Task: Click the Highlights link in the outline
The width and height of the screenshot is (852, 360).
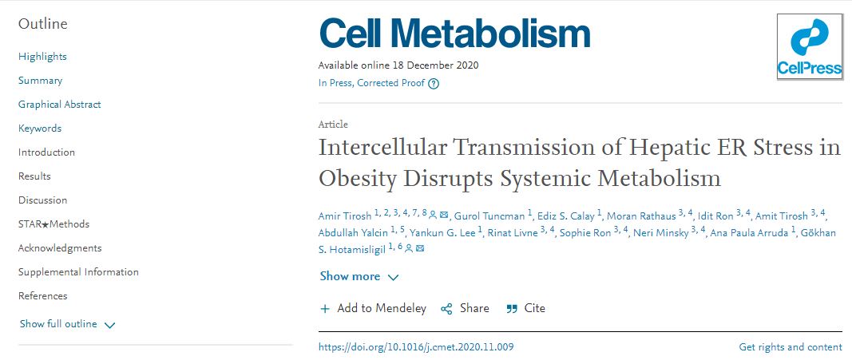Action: [x=42, y=57]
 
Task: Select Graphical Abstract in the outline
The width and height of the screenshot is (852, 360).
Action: [x=60, y=105]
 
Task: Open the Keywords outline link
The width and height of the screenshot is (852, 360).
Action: [x=40, y=129]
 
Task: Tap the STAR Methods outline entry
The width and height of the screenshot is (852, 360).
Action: [x=53, y=224]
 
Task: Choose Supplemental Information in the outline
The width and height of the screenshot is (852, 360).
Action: [x=78, y=272]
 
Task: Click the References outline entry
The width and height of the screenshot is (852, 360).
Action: [x=42, y=296]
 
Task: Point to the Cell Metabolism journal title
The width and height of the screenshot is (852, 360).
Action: [x=454, y=34]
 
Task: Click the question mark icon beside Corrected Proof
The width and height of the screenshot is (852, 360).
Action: [x=434, y=83]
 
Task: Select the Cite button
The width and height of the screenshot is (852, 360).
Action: [x=526, y=308]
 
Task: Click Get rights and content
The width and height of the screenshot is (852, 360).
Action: [x=790, y=347]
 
